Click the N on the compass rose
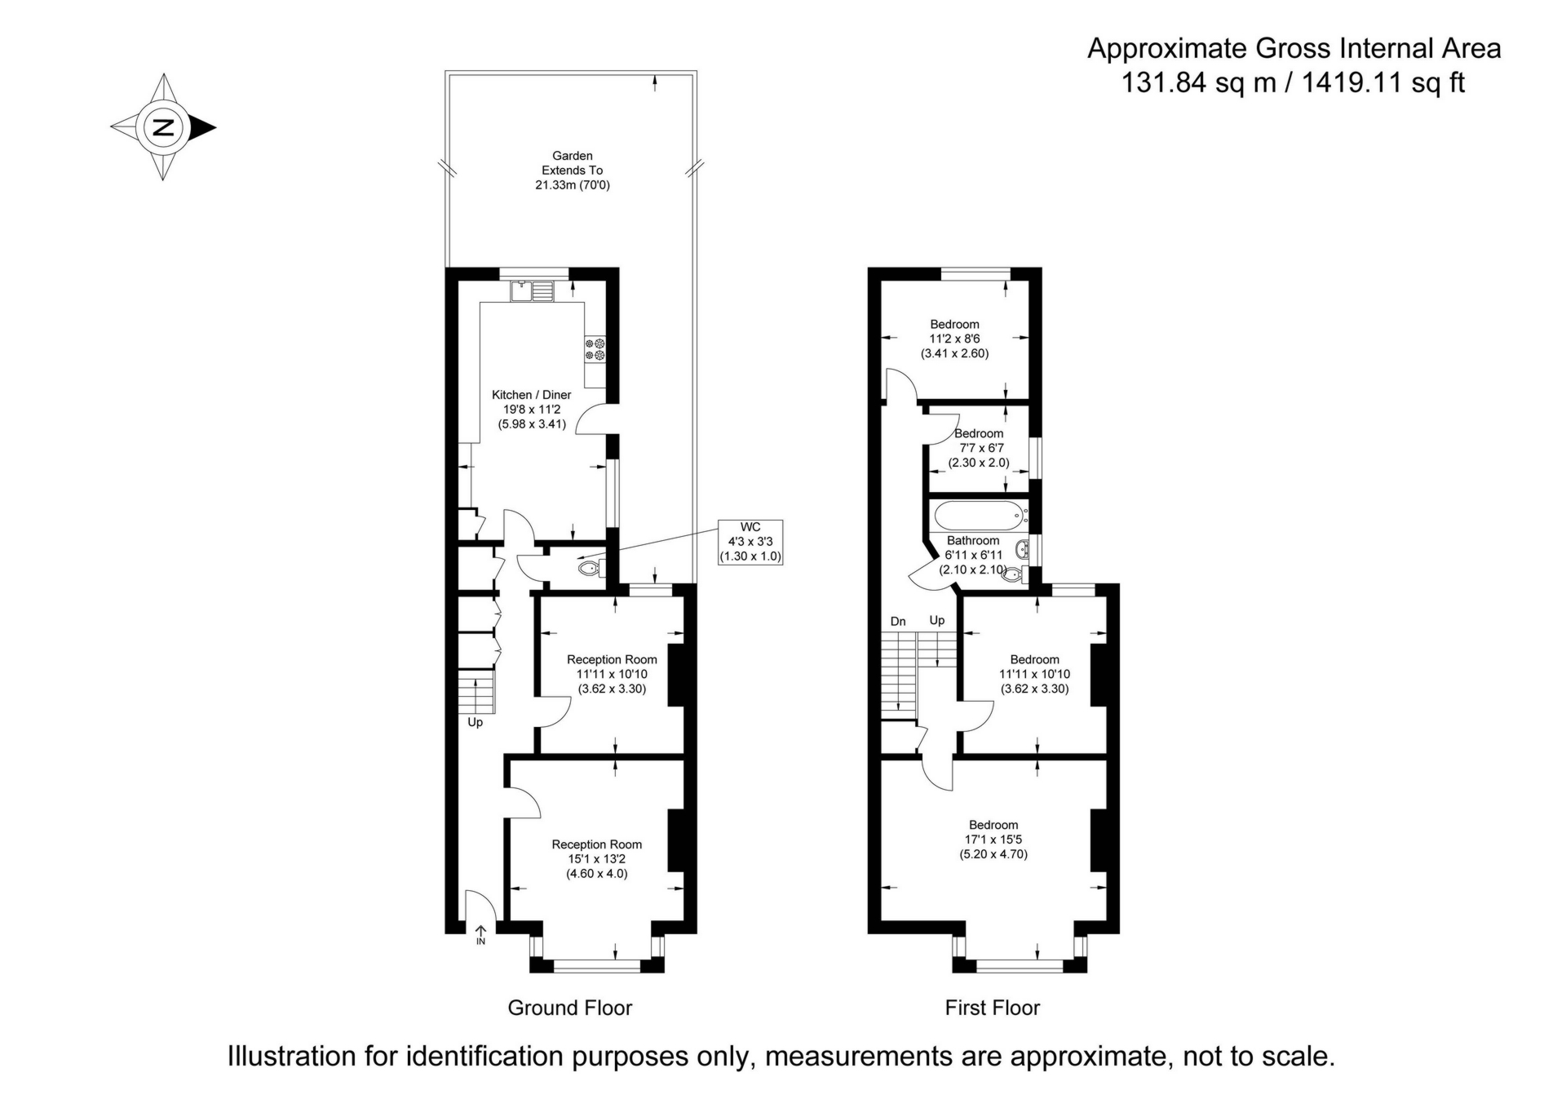point(164,127)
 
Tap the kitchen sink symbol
point(532,290)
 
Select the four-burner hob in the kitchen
point(595,349)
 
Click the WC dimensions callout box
point(750,542)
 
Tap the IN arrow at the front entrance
point(480,935)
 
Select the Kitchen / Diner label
point(532,395)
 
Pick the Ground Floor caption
point(570,1008)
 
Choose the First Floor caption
point(993,1008)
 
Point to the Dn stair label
point(898,622)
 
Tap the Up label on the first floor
point(937,621)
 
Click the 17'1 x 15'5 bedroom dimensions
point(993,840)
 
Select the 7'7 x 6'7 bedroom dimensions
point(979,448)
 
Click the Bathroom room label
point(973,541)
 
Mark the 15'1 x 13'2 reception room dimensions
point(597,859)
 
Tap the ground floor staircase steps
point(476,692)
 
